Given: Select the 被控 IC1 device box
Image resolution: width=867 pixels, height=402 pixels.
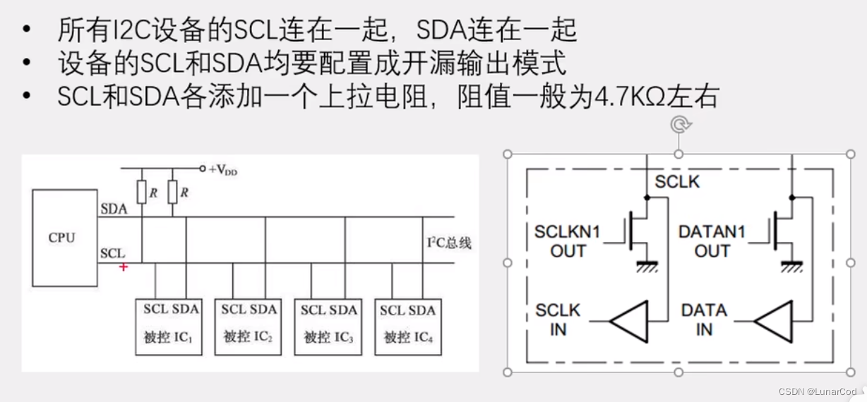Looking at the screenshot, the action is pyautogui.click(x=167, y=326).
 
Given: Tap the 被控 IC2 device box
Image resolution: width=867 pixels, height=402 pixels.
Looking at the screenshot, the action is pyautogui.click(x=247, y=326).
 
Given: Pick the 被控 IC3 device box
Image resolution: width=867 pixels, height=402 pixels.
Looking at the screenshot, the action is pyautogui.click(x=327, y=326).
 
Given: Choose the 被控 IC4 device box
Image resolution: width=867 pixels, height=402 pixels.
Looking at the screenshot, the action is pyautogui.click(x=407, y=326).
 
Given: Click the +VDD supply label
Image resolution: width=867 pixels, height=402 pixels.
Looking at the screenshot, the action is pyautogui.click(x=222, y=170).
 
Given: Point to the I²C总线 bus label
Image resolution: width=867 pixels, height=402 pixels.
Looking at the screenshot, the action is pyautogui.click(x=449, y=243).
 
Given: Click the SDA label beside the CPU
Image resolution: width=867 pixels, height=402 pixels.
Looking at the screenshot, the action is pyautogui.click(x=114, y=209).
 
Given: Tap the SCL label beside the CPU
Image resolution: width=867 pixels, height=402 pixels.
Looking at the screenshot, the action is pyautogui.click(x=113, y=252).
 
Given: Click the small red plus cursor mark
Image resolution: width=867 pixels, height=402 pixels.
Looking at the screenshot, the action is pyautogui.click(x=124, y=267).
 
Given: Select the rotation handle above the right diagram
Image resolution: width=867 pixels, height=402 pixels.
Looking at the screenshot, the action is pyautogui.click(x=678, y=126).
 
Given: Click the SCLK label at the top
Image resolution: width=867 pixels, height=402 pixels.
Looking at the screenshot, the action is pyautogui.click(x=677, y=181).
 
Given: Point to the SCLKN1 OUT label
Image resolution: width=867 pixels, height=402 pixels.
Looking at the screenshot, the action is pyautogui.click(x=567, y=241).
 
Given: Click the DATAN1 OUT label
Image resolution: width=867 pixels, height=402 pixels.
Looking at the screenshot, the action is pyautogui.click(x=712, y=241).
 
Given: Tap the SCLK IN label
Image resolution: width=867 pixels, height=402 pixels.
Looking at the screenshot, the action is pyautogui.click(x=558, y=319).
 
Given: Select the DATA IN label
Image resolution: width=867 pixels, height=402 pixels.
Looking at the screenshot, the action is pyautogui.click(x=704, y=319).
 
